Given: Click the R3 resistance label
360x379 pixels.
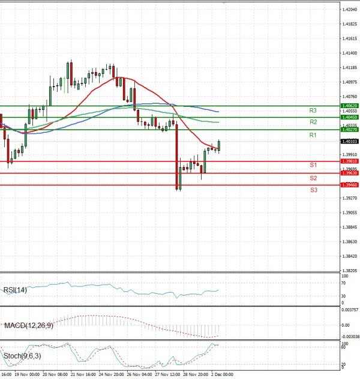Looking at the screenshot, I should pos(313,111).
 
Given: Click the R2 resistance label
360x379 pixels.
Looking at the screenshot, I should pos(313,122).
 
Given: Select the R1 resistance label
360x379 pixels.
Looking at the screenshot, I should pos(313,136).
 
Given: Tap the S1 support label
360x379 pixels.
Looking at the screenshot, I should pos(313,165).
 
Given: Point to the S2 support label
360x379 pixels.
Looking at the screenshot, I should pos(313,178).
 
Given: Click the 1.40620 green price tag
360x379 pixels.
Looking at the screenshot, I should pos(349,106).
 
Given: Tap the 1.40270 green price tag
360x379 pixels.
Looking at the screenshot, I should pos(349,130).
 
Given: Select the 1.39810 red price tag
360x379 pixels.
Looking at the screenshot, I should pos(349,161).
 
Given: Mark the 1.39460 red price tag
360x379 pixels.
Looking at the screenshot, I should pos(349,185).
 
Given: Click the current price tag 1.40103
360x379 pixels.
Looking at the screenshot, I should pos(349,142).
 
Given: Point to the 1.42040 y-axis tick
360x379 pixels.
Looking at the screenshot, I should pos(350,10).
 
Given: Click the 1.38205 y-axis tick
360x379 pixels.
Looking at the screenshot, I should pos(350,271).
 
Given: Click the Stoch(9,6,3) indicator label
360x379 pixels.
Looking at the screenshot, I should pos(22,356).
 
